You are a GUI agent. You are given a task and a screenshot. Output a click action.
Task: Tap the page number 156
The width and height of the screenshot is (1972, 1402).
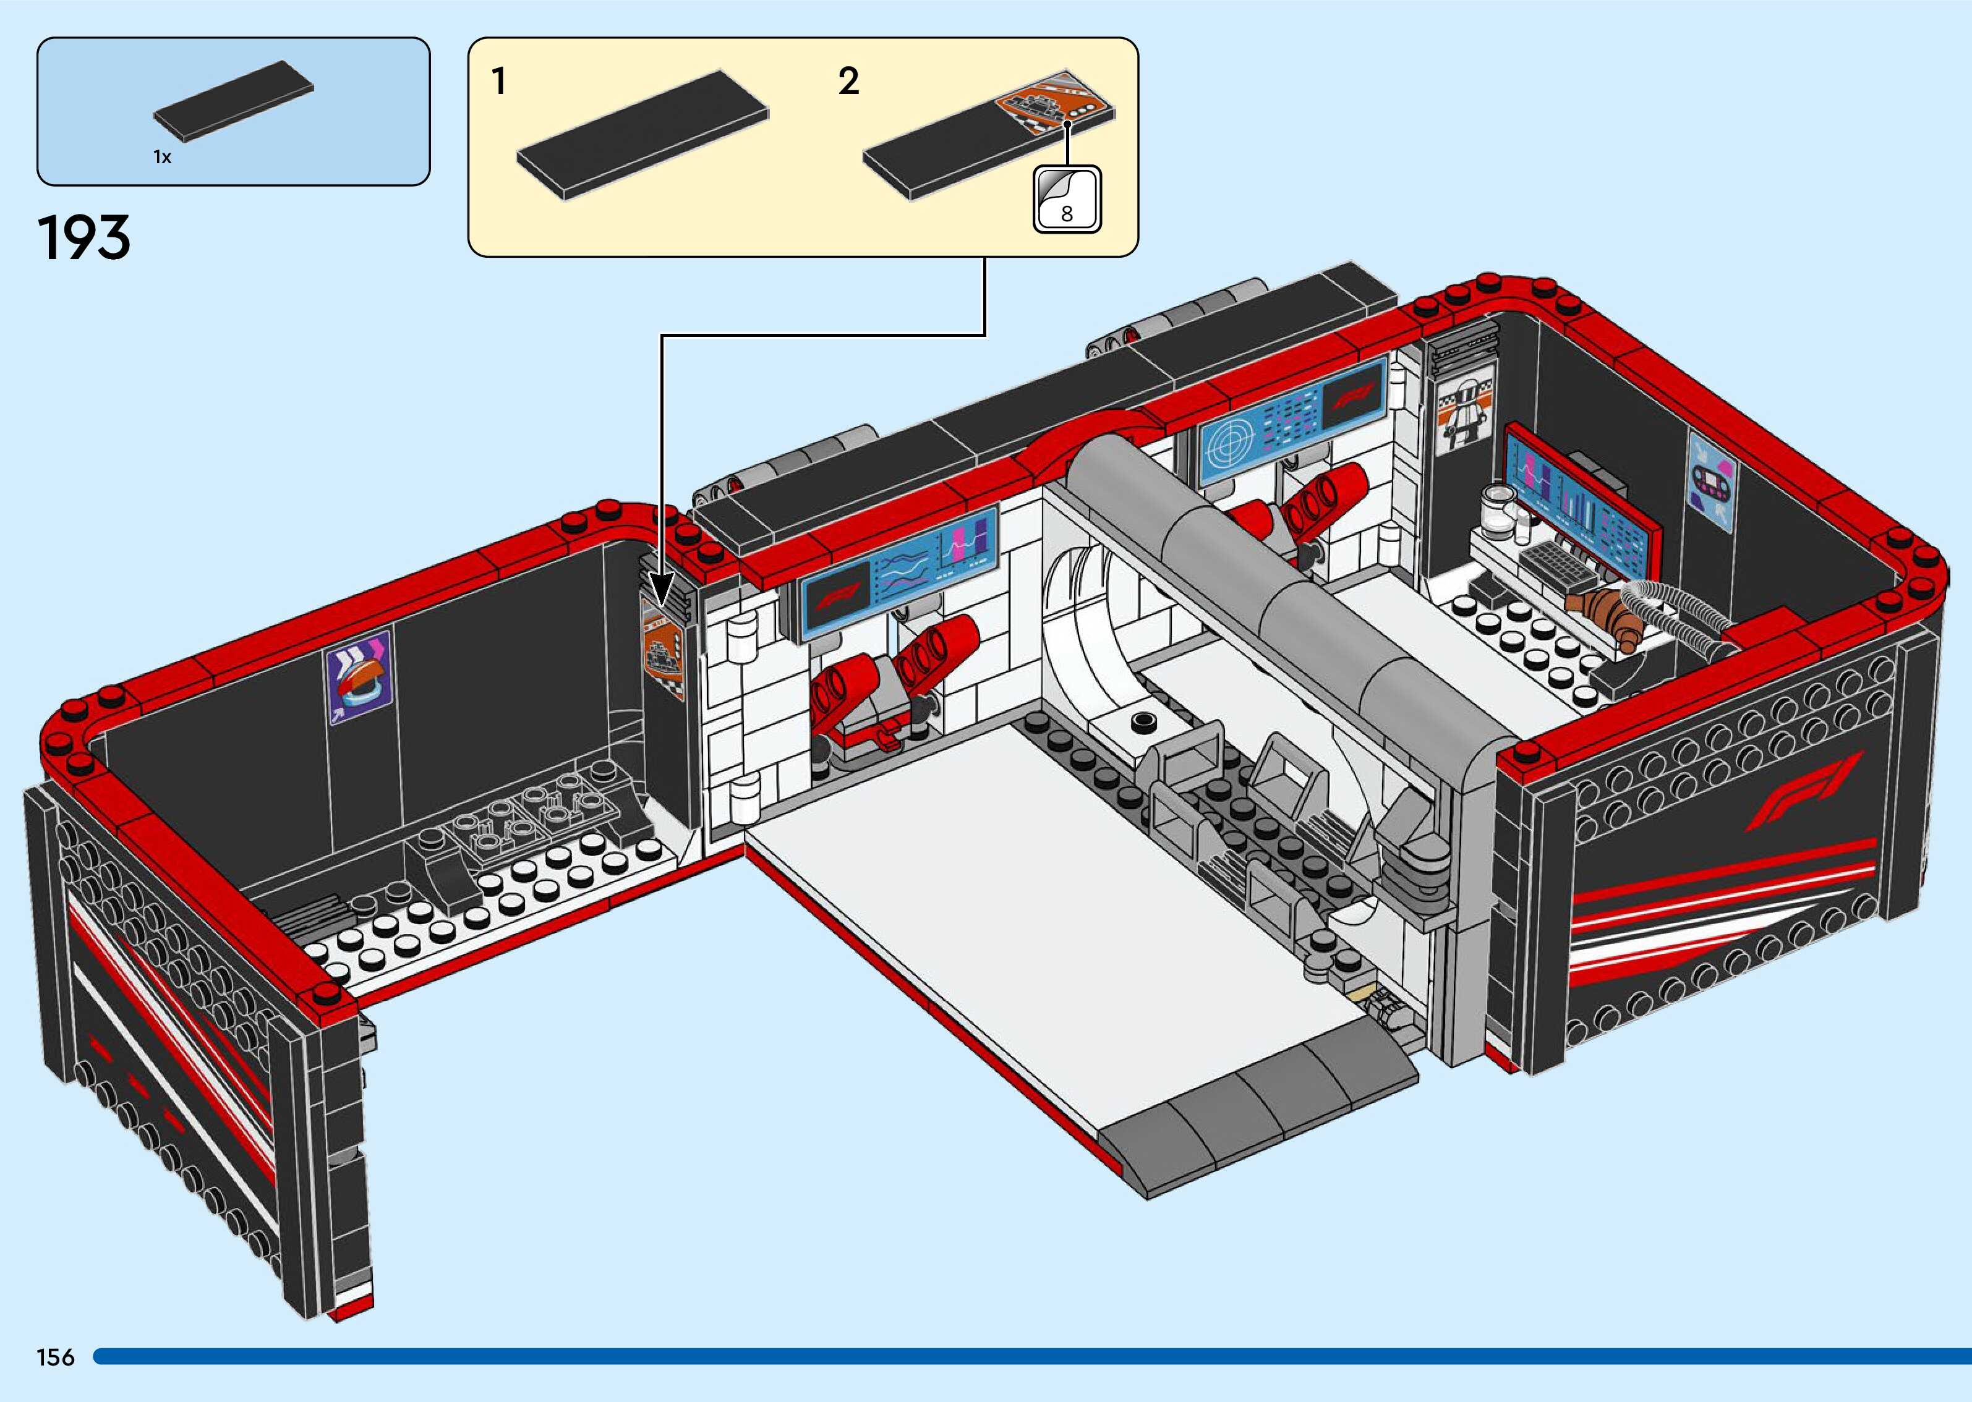point(55,1357)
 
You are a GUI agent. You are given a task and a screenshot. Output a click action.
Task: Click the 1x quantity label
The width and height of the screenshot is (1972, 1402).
point(162,157)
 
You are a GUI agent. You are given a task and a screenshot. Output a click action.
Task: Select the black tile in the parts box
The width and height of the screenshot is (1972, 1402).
point(234,100)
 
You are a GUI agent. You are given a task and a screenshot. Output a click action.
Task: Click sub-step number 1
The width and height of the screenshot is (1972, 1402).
point(498,82)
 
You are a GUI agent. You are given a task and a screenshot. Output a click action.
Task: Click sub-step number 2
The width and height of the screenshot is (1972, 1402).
point(848,82)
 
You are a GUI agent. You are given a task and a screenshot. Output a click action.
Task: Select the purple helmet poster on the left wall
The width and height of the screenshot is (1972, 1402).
point(358,677)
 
